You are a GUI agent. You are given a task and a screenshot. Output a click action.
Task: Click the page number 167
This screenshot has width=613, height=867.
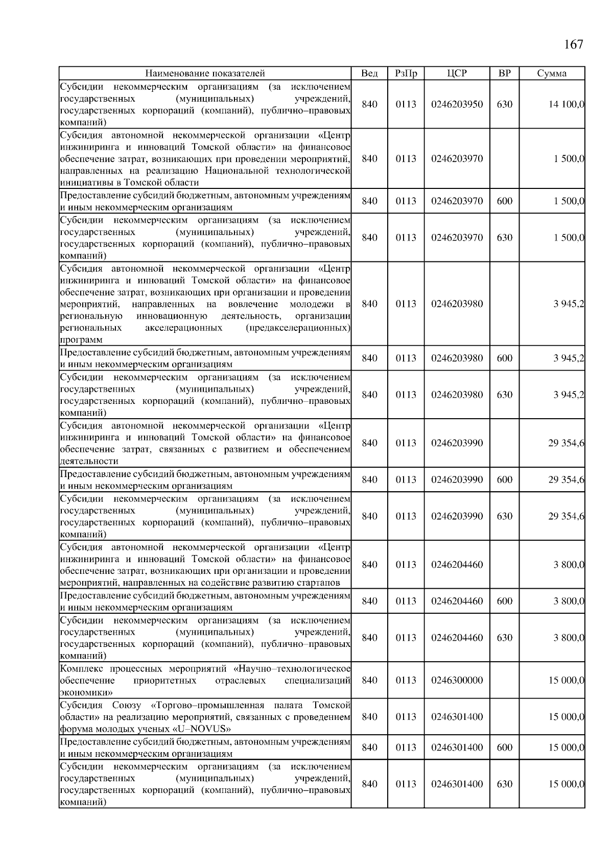tap(573, 45)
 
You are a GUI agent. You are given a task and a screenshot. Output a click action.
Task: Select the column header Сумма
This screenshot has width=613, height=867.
tap(552, 74)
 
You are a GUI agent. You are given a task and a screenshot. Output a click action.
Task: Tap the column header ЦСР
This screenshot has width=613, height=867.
tap(457, 74)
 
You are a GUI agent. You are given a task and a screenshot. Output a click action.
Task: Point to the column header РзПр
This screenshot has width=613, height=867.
tap(406, 74)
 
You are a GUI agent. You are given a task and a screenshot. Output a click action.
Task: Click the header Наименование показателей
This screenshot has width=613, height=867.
tap(205, 74)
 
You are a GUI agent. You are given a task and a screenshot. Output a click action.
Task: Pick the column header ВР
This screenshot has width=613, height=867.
tap(504, 74)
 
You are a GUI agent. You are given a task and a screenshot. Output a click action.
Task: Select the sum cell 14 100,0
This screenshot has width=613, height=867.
tap(567, 105)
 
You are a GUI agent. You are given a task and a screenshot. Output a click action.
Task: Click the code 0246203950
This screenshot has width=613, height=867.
tap(457, 105)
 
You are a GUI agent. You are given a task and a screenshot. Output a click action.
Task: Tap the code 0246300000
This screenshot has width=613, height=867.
tap(457, 681)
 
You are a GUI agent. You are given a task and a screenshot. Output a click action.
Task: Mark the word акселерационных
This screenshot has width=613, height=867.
tap(184, 328)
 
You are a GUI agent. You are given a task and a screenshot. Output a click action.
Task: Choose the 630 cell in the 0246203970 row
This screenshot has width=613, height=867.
tap(504, 238)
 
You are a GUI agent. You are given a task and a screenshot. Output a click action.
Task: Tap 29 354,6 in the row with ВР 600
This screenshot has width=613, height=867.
tap(566, 480)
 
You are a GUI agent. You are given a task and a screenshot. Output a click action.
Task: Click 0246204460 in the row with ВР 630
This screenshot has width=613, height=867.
tap(457, 638)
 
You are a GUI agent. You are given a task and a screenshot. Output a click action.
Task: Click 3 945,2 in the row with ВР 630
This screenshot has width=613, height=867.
tap(569, 395)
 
